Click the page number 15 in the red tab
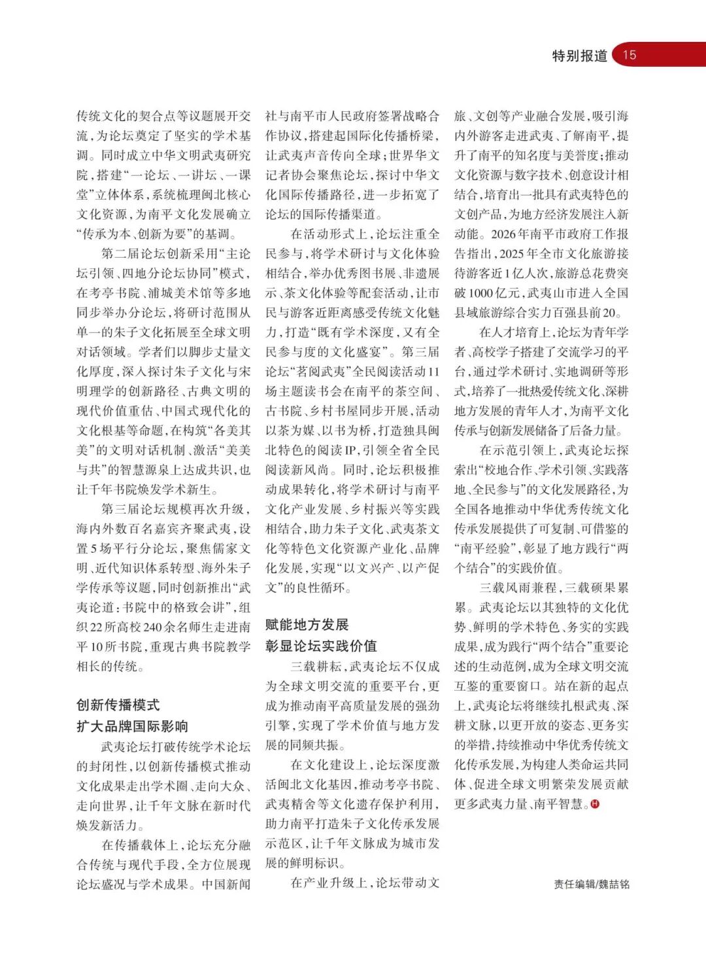point(630,55)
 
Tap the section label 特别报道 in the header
point(579,56)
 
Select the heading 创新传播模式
point(118,705)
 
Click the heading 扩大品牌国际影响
point(132,726)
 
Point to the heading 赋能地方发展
point(307,624)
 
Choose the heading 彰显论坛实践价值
point(321,646)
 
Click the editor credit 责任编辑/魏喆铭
point(592,884)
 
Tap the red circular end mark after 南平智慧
point(595,804)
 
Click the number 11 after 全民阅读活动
point(433,372)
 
